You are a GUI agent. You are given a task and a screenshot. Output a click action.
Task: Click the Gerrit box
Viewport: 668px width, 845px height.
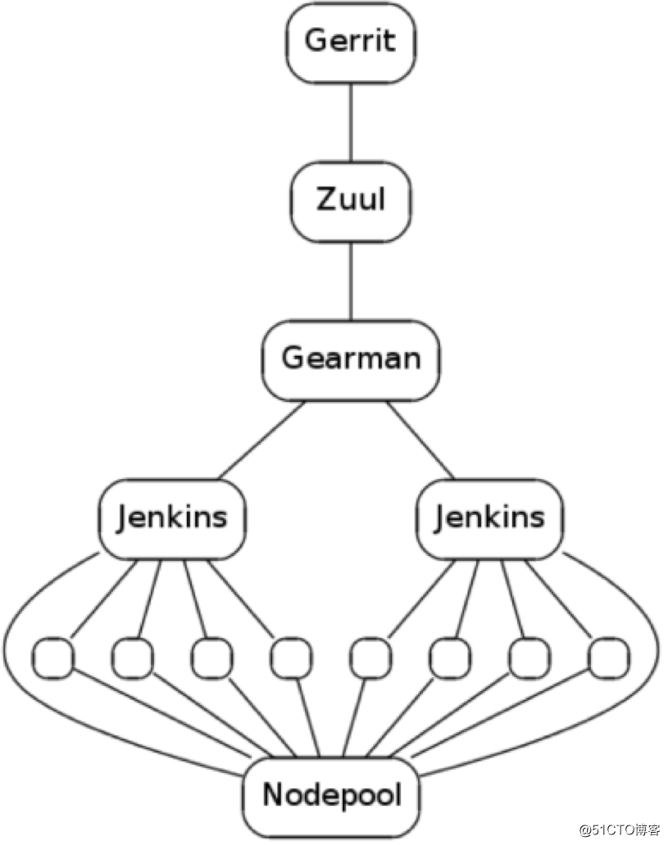click(351, 41)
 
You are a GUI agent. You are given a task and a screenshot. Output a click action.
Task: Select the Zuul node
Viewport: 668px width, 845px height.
click(351, 199)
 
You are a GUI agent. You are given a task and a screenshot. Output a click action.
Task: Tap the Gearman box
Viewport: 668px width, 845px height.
click(351, 359)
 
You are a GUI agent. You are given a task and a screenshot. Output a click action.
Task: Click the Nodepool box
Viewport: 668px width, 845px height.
click(332, 794)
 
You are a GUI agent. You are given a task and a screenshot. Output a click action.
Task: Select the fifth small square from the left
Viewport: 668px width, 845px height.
click(370, 658)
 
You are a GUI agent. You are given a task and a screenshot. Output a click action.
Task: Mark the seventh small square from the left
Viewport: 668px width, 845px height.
click(529, 658)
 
